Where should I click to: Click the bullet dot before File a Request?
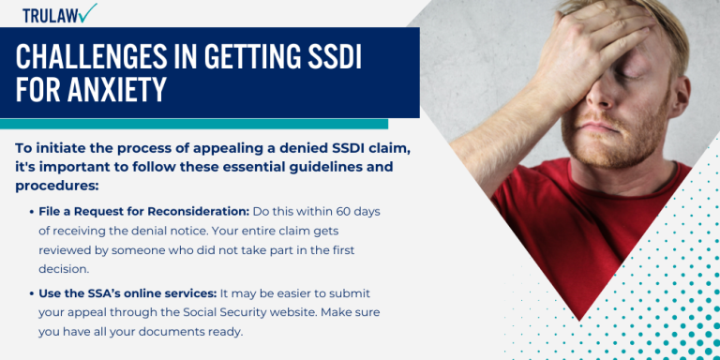click(33, 213)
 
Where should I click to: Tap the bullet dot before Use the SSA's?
click(33, 293)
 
